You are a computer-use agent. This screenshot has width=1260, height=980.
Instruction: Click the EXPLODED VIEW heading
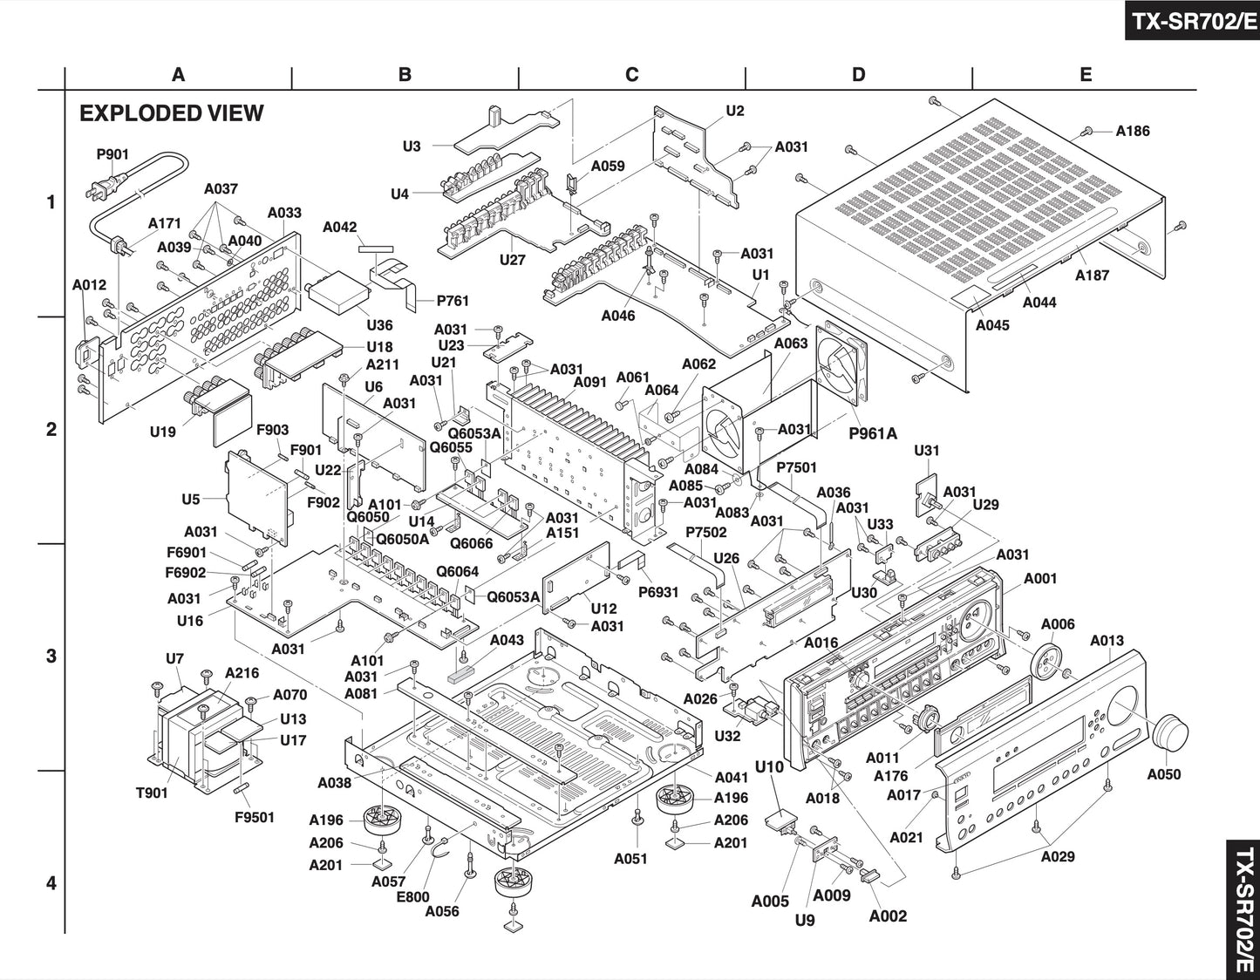pyautogui.click(x=171, y=113)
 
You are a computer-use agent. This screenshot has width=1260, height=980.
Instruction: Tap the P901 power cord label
pyautogui.click(x=112, y=154)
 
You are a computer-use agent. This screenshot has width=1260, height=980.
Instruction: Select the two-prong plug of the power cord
pyautogui.click(x=95, y=189)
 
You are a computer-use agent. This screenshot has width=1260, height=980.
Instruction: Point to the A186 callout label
pyautogui.click(x=1133, y=131)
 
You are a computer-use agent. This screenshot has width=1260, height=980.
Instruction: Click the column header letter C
pyautogui.click(x=631, y=75)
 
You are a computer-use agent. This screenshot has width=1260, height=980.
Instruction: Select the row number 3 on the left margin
pyautogui.click(x=51, y=656)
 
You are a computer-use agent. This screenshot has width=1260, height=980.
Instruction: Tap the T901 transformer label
pyautogui.click(x=152, y=793)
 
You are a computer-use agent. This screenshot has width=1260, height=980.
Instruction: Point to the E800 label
pyautogui.click(x=412, y=896)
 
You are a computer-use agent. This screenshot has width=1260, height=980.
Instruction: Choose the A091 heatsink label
pyautogui.click(x=590, y=381)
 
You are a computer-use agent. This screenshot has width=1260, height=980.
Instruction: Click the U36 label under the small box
pyautogui.click(x=379, y=325)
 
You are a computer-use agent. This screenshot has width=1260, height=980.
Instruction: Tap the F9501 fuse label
pyautogui.click(x=255, y=817)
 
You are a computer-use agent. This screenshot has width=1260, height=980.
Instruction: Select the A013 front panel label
pyautogui.click(x=1107, y=641)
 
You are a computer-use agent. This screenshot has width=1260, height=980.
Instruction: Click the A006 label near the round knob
pyautogui.click(x=1058, y=624)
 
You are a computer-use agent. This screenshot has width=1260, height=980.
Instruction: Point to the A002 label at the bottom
pyautogui.click(x=888, y=915)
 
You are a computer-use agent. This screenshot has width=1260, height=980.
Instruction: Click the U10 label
pyautogui.click(x=769, y=766)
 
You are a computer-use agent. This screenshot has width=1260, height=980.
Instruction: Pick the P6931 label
pyautogui.click(x=658, y=592)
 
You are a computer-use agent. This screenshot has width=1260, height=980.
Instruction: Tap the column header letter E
pyautogui.click(x=1085, y=75)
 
